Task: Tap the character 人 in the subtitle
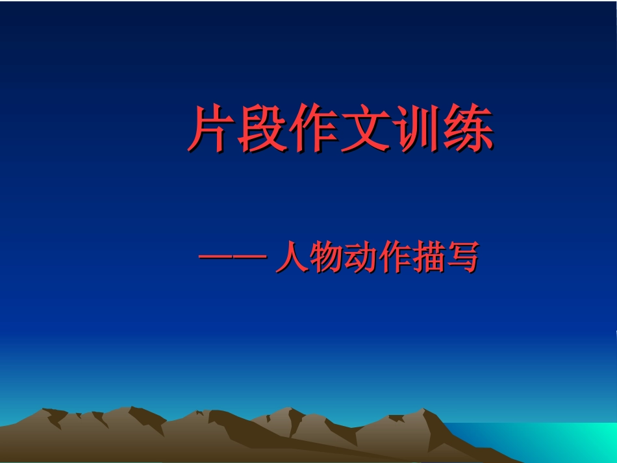point(290,258)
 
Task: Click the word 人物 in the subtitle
point(308,258)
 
